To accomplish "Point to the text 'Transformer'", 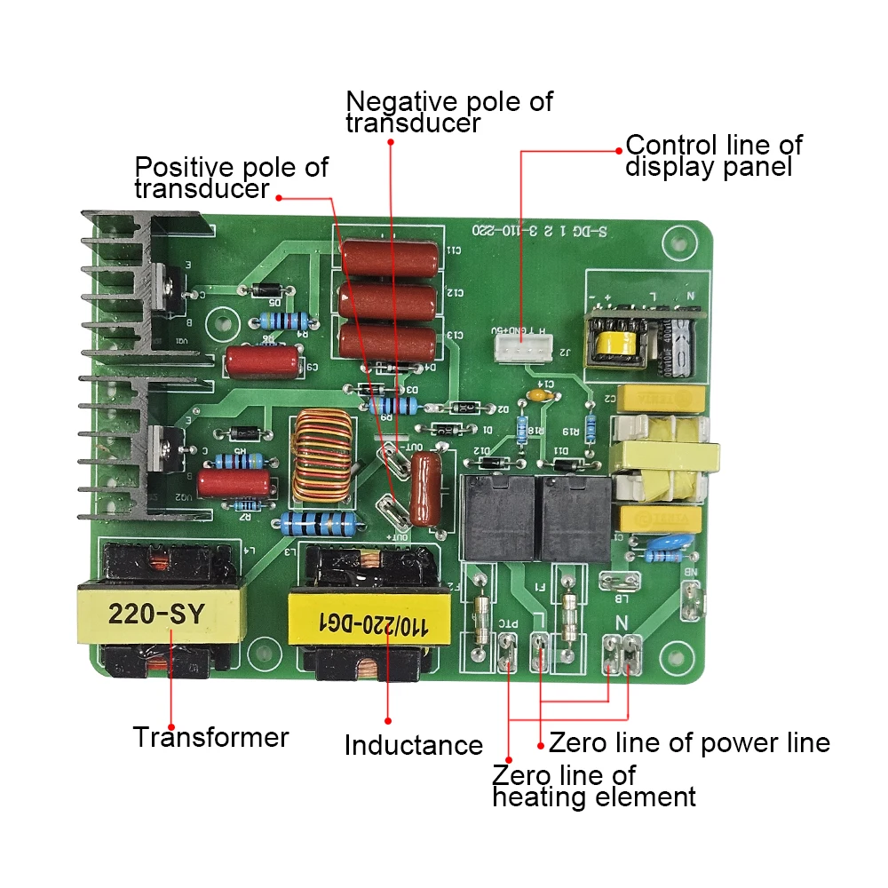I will tap(211, 737).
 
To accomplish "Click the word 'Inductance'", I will tap(413, 745).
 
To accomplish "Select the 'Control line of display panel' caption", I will tap(714, 155).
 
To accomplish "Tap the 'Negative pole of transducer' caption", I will tap(448, 112).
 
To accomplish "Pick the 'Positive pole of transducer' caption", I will tap(231, 177).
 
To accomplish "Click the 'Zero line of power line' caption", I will tap(689, 742).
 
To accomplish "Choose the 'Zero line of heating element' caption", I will tap(593, 786).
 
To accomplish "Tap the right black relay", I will tap(575, 517).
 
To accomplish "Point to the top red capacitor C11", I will tap(390, 258).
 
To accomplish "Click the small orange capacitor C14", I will tap(536, 395).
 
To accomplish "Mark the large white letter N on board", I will tap(622, 622).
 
